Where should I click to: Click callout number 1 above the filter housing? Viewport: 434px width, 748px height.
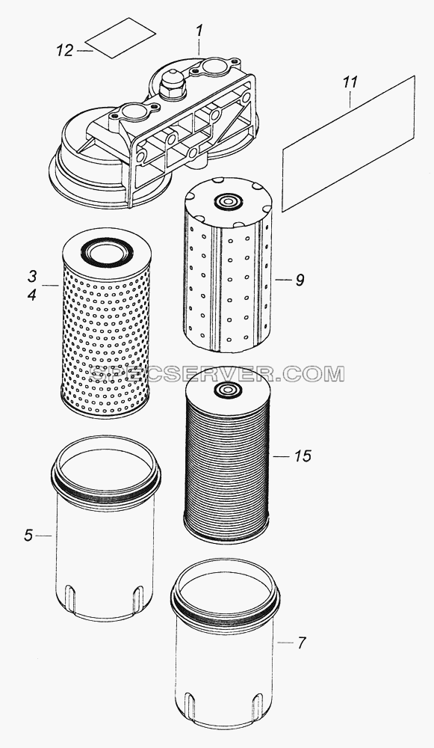coord(200,31)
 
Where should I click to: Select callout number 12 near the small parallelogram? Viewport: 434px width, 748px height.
coord(65,50)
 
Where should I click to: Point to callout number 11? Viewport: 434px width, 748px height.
coord(350,82)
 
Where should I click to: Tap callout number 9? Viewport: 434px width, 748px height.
coord(300,280)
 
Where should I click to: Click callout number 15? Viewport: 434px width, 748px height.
coord(303,456)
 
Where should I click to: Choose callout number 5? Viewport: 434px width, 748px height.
coord(28,536)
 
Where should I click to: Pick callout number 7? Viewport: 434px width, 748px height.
coord(301,643)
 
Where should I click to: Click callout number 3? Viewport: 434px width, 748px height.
coord(32,276)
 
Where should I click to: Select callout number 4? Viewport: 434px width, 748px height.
coord(32,295)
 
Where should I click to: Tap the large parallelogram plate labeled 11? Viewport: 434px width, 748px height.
coord(348,144)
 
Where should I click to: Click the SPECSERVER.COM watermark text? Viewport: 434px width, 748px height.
coord(217,374)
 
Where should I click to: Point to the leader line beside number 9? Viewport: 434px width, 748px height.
coord(283,280)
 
